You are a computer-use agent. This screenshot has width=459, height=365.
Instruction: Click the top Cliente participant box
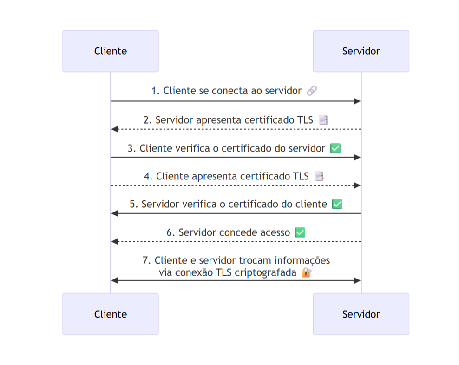(111, 51)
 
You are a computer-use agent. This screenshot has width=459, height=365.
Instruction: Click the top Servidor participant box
(361, 51)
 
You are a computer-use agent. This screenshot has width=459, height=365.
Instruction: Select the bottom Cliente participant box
(111, 314)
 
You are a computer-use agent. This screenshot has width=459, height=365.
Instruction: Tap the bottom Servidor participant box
(361, 314)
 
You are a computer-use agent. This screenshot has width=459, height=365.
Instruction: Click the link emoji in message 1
(312, 91)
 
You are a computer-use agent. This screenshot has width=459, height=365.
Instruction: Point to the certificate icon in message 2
(323, 120)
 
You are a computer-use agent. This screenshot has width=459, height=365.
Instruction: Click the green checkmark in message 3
(335, 148)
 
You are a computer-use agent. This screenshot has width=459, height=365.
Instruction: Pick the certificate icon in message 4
(319, 176)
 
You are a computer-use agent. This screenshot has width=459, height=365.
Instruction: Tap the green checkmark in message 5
(337, 204)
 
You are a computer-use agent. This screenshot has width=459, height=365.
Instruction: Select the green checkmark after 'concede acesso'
(300, 232)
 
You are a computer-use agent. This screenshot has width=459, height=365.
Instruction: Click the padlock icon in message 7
(306, 272)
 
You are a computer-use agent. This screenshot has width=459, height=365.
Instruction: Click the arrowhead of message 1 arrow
(357, 101)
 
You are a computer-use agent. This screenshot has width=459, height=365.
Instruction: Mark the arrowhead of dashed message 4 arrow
(357, 185)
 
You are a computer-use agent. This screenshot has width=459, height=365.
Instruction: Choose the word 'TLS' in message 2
(305, 120)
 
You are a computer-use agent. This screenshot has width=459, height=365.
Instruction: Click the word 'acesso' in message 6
(274, 232)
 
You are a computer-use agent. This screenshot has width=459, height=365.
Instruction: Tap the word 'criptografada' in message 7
(266, 273)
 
